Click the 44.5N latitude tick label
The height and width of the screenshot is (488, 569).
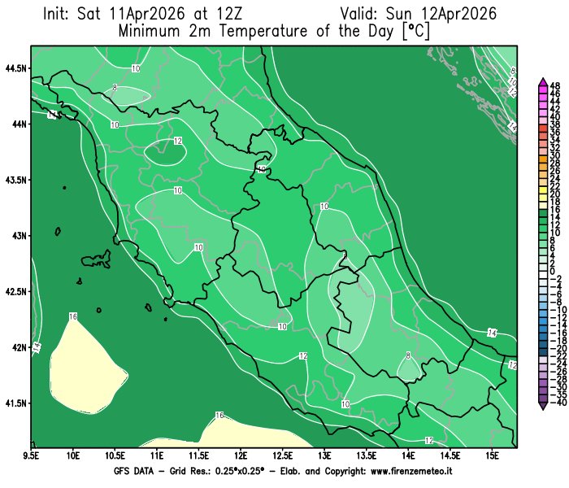[15, 68]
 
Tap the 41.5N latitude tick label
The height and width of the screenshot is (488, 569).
[15, 403]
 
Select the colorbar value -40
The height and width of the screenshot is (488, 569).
[555, 403]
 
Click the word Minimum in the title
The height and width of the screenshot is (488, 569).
[152, 33]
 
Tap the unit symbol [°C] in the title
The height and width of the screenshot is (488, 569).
[415, 33]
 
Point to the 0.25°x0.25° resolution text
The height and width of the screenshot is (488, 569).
[213, 472]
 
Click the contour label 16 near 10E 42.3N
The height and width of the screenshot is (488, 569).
[73, 316]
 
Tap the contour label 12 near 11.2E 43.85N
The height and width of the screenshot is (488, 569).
[177, 141]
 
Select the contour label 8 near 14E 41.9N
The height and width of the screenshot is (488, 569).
[407, 355]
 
